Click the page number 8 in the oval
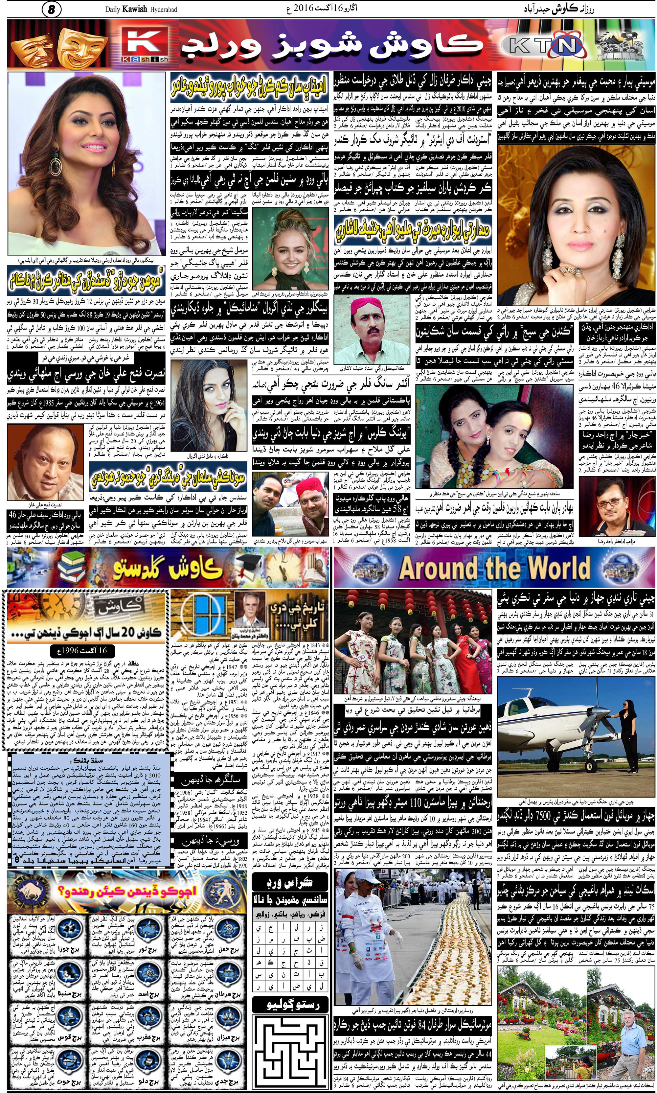(x=51, y=9)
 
